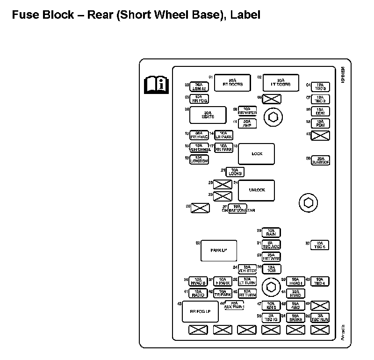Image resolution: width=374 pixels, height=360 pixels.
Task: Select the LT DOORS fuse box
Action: click(x=280, y=82)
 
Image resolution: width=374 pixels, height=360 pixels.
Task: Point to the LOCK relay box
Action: click(x=257, y=154)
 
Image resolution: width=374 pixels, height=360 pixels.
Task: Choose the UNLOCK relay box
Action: click(x=257, y=190)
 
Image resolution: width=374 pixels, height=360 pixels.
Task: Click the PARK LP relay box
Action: click(x=219, y=251)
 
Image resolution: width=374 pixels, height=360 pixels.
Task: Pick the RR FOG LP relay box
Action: click(x=200, y=311)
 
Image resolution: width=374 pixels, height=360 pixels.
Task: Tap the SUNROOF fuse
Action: click(x=321, y=160)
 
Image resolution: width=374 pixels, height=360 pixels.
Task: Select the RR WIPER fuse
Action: click(x=247, y=111)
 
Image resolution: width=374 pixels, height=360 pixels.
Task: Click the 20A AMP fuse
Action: click(x=247, y=123)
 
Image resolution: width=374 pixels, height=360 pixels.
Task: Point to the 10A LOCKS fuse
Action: click(x=235, y=172)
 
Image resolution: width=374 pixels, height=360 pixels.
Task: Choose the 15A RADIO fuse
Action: click(x=198, y=294)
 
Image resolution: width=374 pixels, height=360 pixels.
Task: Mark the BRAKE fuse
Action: click(x=295, y=318)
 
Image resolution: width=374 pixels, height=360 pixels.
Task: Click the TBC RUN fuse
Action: click(x=321, y=318)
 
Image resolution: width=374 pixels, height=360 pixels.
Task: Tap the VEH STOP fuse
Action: click(x=247, y=269)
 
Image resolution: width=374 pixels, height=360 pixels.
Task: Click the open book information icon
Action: click(x=156, y=85)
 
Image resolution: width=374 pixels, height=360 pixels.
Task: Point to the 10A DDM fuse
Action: click(x=321, y=111)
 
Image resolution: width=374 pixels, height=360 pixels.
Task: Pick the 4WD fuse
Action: click(x=295, y=306)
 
